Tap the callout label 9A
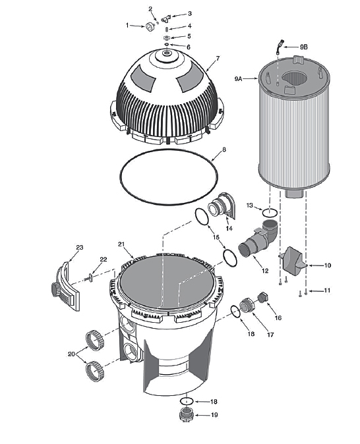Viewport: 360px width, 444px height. [x=237, y=78]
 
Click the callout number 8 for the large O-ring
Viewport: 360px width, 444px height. [x=224, y=150]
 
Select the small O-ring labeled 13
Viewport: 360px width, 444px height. [x=269, y=213]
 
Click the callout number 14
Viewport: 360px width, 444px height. [x=229, y=228]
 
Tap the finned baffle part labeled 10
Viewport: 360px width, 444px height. [x=294, y=262]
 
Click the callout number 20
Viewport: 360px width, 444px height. [x=71, y=354]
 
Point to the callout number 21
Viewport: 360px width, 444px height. [x=121, y=244]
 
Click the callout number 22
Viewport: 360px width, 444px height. [x=103, y=259]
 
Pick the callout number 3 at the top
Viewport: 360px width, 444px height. [x=190, y=13]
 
